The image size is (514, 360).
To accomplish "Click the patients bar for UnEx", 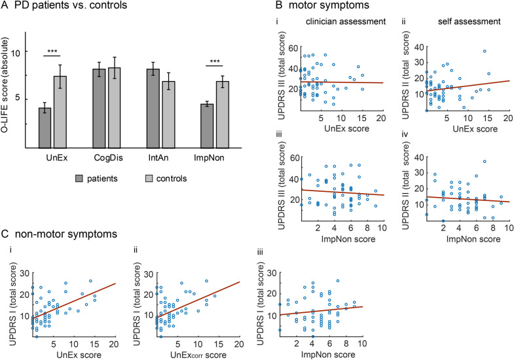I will (x=45, y=128).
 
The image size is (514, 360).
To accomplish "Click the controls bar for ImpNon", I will (x=223, y=115).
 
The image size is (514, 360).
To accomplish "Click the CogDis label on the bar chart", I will (x=107, y=159).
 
